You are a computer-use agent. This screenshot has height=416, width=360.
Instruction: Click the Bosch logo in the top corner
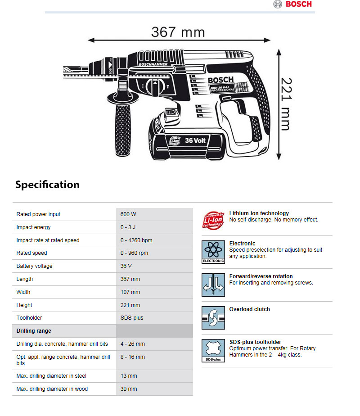tap(292, 4)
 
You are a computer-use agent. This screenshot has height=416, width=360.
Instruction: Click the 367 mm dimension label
tap(178, 32)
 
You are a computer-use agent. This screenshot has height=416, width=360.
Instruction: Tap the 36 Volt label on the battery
tap(195, 140)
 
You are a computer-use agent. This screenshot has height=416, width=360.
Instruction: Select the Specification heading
tap(47, 185)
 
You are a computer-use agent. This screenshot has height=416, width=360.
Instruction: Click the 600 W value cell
tap(128, 214)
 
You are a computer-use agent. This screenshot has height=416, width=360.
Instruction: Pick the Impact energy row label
tap(34, 227)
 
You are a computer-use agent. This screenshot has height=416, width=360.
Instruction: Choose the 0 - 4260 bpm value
tap(136, 240)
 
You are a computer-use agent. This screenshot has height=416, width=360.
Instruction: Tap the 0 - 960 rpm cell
tap(134, 253)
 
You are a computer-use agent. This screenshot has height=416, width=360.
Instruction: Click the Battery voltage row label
tap(35, 266)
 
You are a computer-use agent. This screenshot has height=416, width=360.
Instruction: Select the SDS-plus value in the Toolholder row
tap(132, 318)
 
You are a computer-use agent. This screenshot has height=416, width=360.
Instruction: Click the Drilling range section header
tap(34, 331)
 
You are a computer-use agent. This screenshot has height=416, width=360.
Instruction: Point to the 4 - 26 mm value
tap(133, 344)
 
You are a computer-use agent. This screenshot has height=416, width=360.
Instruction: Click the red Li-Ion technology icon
tap(213, 219)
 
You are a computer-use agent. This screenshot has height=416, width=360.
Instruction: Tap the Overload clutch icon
tap(213, 318)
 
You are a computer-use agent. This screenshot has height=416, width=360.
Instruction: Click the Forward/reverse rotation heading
tap(261, 276)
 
